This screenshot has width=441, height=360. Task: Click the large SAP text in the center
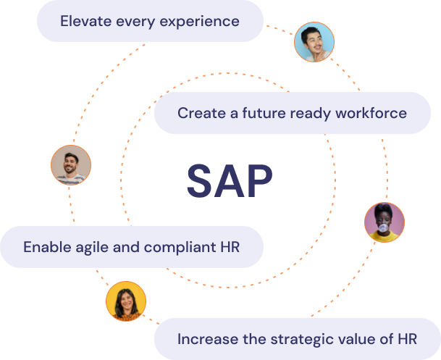(x=230, y=181)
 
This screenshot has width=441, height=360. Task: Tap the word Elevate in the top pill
(x=86, y=21)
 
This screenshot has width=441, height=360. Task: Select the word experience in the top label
(x=199, y=22)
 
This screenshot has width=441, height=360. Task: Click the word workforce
(x=371, y=113)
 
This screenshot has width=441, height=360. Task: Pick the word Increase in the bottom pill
(x=208, y=339)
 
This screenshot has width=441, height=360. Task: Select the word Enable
(x=47, y=247)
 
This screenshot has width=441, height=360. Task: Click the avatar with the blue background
(x=314, y=42)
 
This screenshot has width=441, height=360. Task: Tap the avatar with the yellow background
(x=126, y=301)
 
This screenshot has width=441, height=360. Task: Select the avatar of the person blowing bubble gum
(x=385, y=222)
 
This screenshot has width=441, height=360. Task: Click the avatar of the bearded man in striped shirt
(x=71, y=165)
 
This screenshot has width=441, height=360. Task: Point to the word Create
(x=201, y=113)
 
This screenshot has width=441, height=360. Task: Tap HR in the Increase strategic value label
(x=407, y=339)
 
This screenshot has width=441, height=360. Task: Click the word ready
(x=311, y=114)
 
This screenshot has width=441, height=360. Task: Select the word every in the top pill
(x=135, y=22)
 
